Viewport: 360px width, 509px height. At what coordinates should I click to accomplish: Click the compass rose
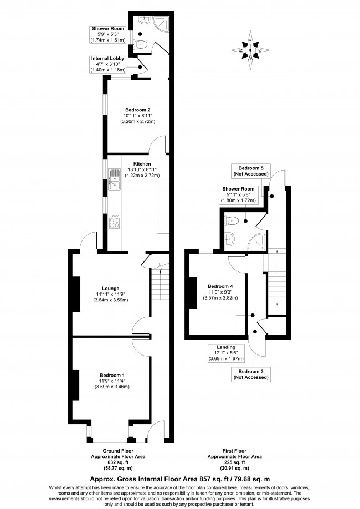tap(250, 50)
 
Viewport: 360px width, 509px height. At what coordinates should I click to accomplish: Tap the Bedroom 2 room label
tap(138, 116)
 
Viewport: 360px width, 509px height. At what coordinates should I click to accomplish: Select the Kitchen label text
tap(142, 164)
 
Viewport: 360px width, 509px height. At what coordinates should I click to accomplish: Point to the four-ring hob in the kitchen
tap(114, 222)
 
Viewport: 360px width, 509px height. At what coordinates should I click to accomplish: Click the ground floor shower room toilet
tap(141, 44)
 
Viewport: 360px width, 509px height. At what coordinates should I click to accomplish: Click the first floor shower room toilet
tap(232, 221)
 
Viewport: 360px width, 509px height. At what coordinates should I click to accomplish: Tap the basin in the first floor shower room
tap(229, 239)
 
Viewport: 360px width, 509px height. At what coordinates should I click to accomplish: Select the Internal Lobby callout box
tap(108, 64)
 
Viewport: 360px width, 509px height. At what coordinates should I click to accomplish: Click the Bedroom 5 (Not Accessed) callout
tap(251, 171)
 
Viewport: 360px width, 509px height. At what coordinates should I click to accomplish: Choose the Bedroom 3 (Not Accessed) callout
tap(251, 374)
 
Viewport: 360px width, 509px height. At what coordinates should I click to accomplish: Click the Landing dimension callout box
tap(226, 353)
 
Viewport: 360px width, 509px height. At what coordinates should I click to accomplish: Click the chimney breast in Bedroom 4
tap(193, 293)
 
